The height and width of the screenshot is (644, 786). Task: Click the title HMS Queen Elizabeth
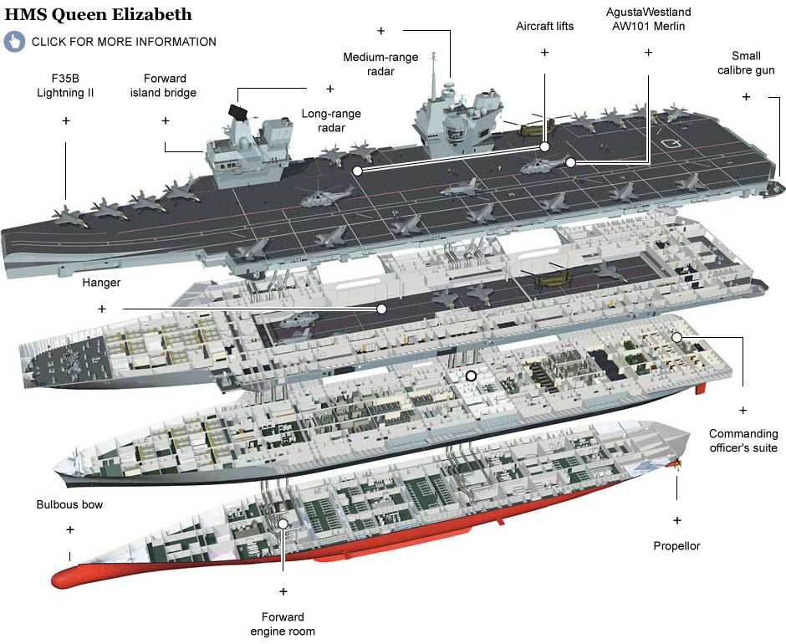99,14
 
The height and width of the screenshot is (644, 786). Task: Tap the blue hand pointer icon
14,41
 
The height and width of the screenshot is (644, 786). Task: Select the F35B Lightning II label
65,85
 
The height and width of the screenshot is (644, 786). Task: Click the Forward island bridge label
163,85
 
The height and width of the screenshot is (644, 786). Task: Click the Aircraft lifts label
544,26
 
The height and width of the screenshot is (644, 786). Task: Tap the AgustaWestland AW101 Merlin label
648,19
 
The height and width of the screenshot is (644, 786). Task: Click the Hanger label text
101,283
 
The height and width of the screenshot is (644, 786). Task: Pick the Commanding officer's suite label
743,441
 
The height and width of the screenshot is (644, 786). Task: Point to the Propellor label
676,546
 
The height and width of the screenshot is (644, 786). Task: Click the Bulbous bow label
69,505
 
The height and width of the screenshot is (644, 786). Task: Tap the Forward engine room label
283,624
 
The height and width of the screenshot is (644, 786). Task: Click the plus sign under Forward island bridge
166,120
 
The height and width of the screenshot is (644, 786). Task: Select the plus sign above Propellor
676,519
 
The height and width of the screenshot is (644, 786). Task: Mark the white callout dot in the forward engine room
283,524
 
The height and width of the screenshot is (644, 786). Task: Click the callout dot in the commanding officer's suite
676,337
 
